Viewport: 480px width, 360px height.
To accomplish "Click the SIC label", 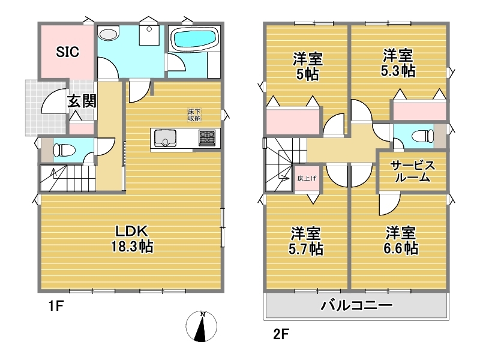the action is (67, 52).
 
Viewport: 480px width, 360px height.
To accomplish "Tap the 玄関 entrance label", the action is (82, 101).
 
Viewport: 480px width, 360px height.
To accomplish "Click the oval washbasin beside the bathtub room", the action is (109, 34).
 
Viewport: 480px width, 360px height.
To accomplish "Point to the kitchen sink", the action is (166, 139).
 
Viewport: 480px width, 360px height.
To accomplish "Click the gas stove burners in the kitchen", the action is (207, 137).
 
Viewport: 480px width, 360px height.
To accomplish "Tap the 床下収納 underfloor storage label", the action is (194, 115).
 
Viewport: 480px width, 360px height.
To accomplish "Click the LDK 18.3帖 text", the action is (132, 239).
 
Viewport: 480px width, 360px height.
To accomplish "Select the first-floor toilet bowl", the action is (64, 151).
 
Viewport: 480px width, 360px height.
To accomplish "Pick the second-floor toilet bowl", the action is (423, 136).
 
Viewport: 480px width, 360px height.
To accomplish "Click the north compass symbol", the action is (201, 326).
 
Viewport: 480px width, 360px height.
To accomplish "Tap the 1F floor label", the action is (56, 305).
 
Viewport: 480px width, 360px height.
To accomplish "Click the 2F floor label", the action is (281, 334).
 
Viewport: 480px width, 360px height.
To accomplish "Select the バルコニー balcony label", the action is (356, 305).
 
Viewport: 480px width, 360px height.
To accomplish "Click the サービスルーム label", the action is (412, 172).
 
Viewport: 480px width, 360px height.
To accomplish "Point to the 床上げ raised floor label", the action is (307, 178).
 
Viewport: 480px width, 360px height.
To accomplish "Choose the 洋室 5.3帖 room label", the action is (398, 63).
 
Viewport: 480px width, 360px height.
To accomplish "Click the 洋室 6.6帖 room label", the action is (401, 241).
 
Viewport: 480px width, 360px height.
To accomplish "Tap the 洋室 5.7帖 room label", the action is (306, 241).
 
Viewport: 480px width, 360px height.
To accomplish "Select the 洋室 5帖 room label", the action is (308, 67).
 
